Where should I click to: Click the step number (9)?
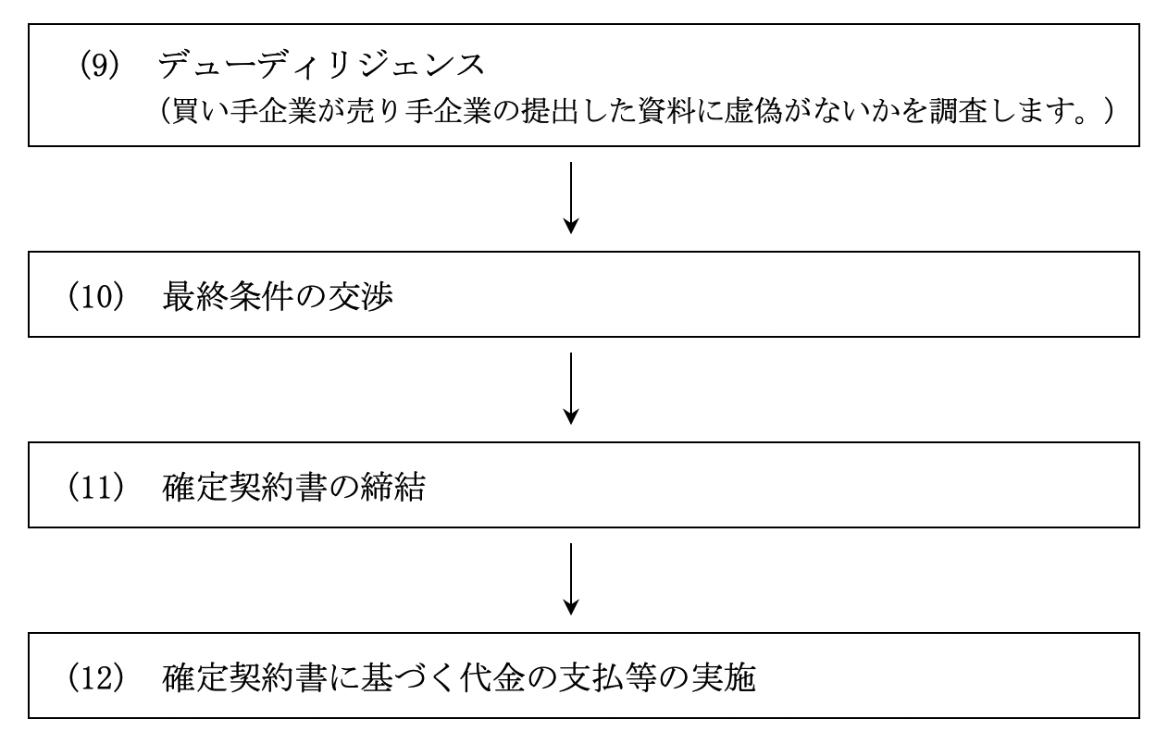tap(100, 65)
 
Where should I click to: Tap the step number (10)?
tap(96, 297)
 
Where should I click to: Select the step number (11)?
tap(96, 487)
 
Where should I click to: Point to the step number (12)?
tap(96, 677)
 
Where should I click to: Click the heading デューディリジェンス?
tap(321, 65)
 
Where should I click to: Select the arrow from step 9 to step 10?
tap(571, 198)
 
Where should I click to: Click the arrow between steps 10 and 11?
tap(571, 389)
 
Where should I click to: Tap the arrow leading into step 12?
tap(571, 579)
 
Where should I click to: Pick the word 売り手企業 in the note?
tap(418, 112)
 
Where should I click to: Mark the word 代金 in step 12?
tap(492, 677)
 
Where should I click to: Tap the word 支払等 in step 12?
tap(607, 677)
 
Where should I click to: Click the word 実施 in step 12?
tap(723, 677)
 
